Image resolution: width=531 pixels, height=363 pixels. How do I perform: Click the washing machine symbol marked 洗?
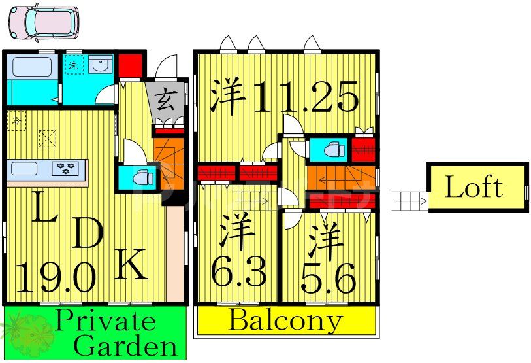tap(74, 65)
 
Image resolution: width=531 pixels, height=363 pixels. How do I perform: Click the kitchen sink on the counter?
tap(25, 168)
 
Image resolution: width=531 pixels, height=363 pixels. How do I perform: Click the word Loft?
tap(474, 188)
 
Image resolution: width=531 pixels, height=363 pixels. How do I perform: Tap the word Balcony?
tap(285, 321)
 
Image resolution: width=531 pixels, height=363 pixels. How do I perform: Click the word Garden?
tap(125, 345)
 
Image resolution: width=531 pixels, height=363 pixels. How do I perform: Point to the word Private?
tap(105, 321)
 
